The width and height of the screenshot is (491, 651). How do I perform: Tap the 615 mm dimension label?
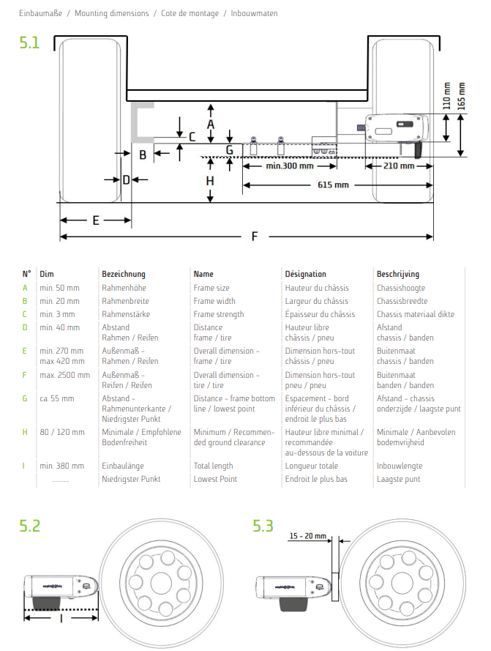333,185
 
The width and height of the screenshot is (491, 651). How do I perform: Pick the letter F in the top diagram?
254,236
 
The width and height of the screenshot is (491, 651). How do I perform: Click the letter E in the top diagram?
95,220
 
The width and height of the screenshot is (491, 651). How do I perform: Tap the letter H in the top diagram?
210,181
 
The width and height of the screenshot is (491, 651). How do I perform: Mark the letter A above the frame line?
211,124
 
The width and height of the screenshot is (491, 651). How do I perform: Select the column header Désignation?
305,274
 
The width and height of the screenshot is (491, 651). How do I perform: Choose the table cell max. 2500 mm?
64,375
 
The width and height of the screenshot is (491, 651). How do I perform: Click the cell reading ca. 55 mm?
57,399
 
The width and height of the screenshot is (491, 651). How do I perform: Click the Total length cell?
214,466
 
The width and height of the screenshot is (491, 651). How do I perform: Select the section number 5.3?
263,526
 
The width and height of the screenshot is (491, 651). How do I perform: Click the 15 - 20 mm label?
307,536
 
